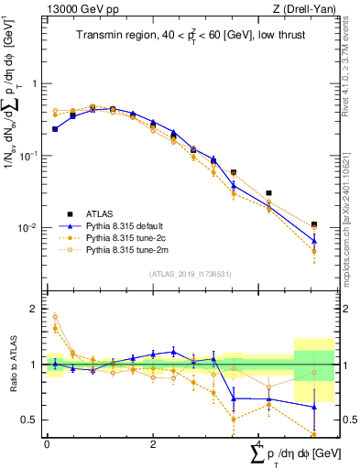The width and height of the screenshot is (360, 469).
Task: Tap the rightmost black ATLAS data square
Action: point(314,224)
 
